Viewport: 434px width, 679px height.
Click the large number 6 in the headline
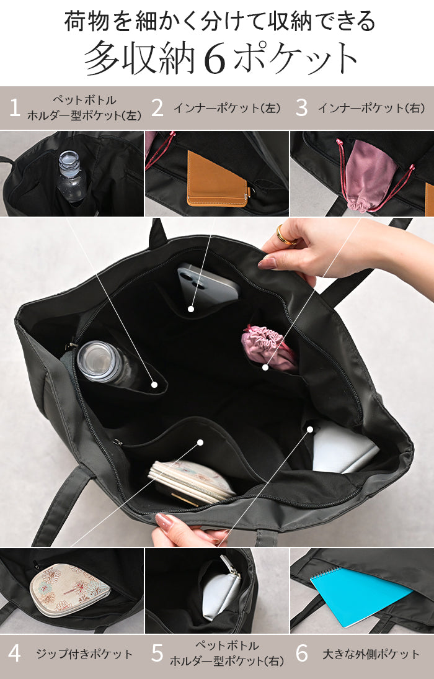pyautogui.click(x=215, y=58)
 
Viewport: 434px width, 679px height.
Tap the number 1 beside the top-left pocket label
pyautogui.click(x=15, y=107)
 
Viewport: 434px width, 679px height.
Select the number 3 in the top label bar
pyautogui.click(x=301, y=108)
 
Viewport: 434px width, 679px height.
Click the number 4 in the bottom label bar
pyautogui.click(x=14, y=654)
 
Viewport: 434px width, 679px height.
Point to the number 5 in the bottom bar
pyautogui.click(x=157, y=654)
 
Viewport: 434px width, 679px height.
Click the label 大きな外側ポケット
pyautogui.click(x=371, y=654)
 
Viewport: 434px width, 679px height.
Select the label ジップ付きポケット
pyautogui.click(x=84, y=654)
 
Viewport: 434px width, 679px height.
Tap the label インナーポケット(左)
pyautogui.click(x=228, y=108)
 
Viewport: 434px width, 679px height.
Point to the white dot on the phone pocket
pyautogui.click(x=190, y=308)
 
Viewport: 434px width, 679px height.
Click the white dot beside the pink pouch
pyautogui.click(x=265, y=367)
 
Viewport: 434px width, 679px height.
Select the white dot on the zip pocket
pyautogui.click(x=200, y=443)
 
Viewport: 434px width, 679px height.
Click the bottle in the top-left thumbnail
pyautogui.click(x=71, y=176)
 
